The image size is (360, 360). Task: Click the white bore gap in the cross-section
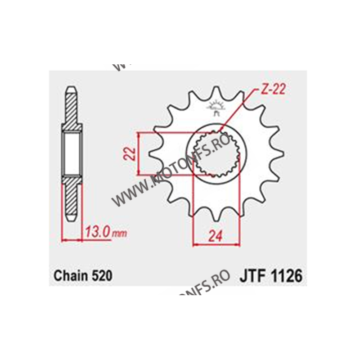point(72,154)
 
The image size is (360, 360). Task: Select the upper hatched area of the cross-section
point(72,112)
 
